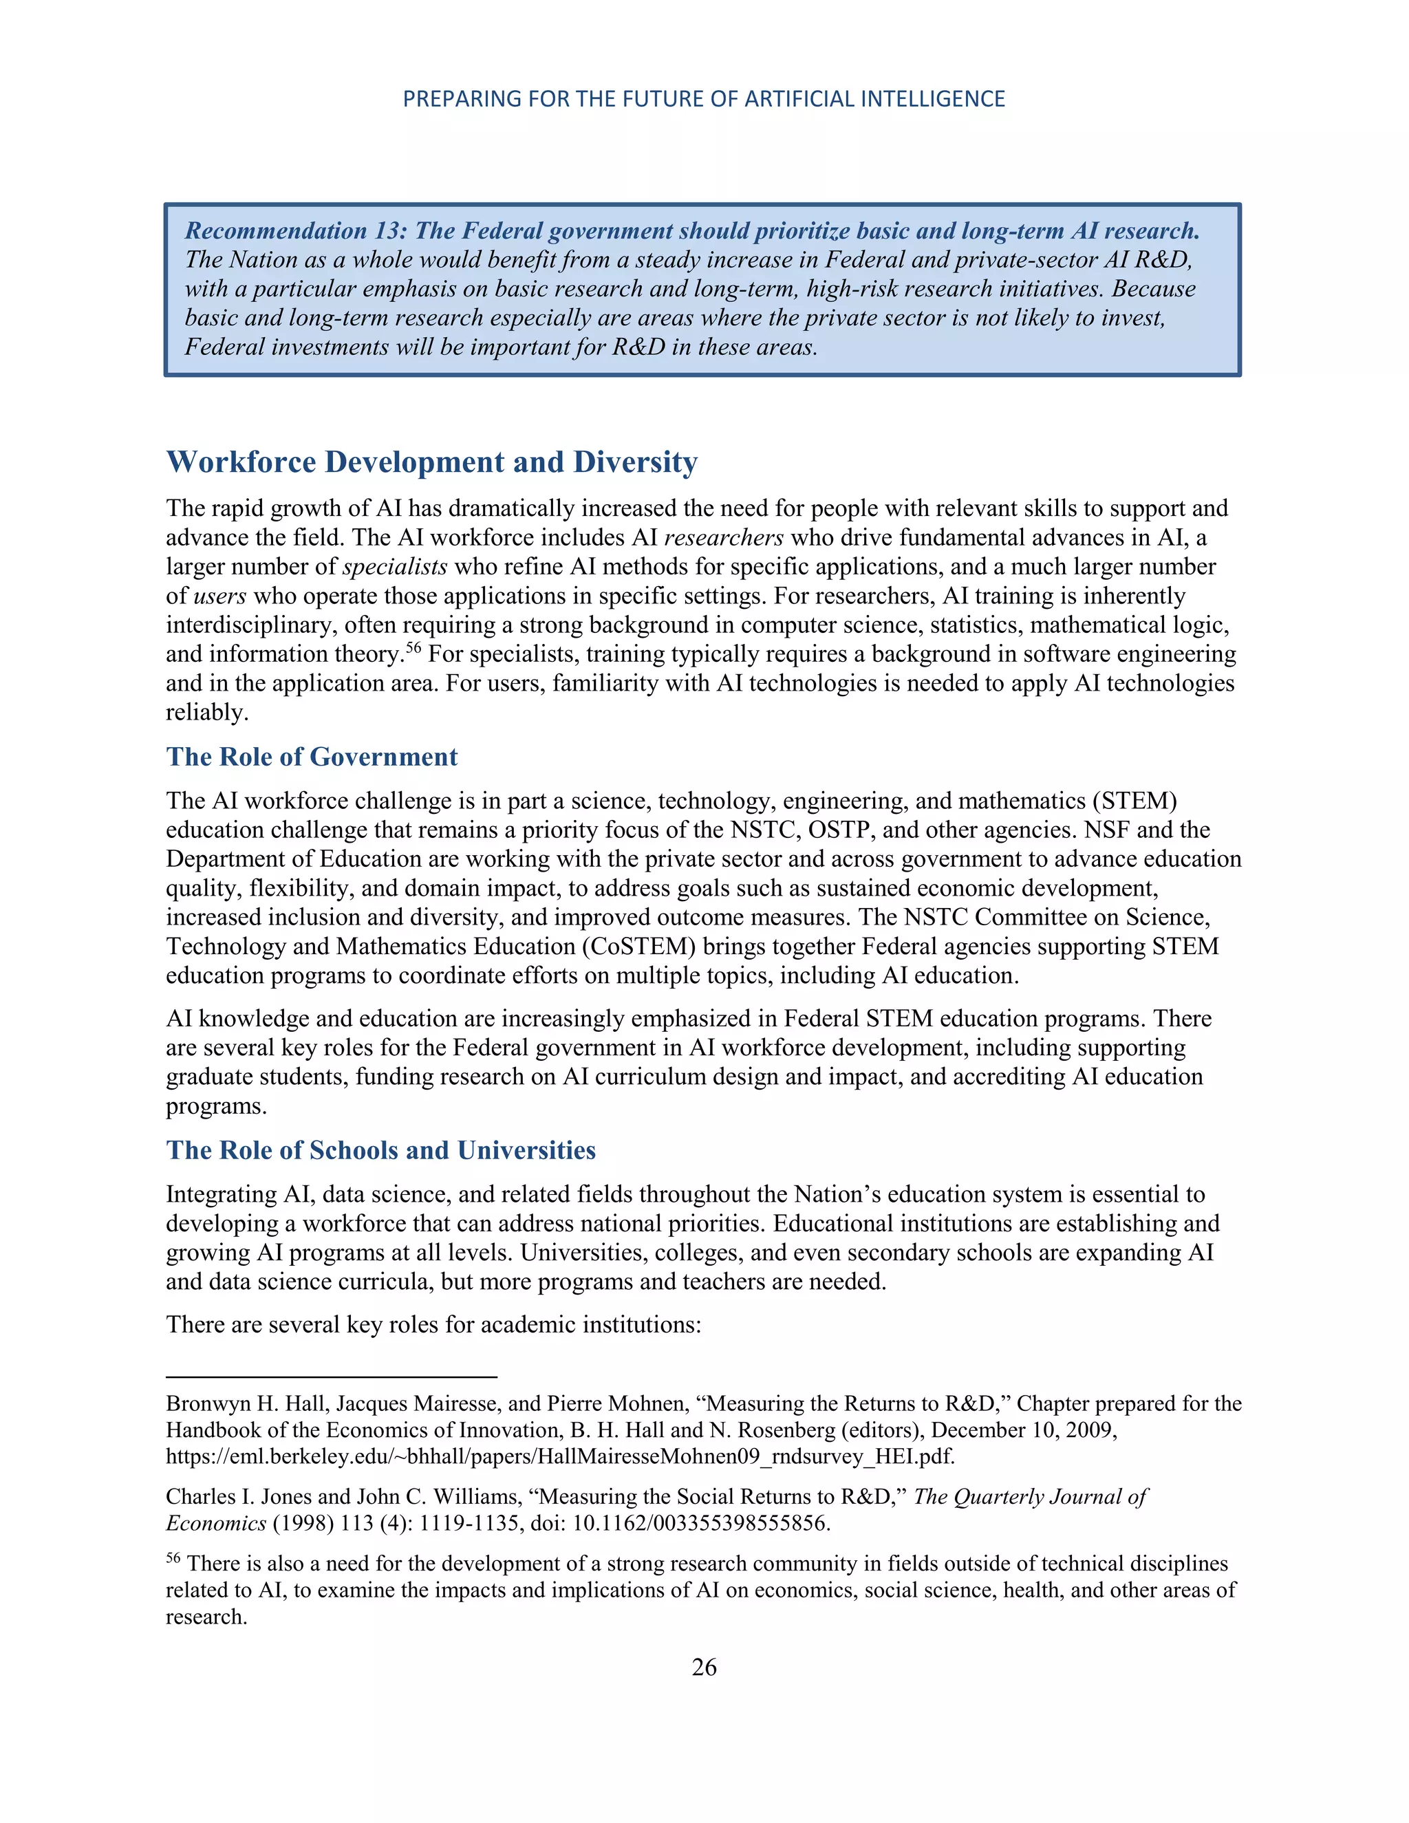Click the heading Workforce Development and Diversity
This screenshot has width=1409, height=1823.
[431, 462]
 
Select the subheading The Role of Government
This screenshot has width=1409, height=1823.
[312, 757]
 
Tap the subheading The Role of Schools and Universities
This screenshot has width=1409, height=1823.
[380, 1150]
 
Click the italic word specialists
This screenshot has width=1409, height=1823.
[395, 567]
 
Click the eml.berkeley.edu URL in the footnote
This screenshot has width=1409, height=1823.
[559, 1458]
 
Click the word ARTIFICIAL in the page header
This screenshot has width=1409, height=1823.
[799, 99]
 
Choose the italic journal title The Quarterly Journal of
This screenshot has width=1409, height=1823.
[1031, 1497]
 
